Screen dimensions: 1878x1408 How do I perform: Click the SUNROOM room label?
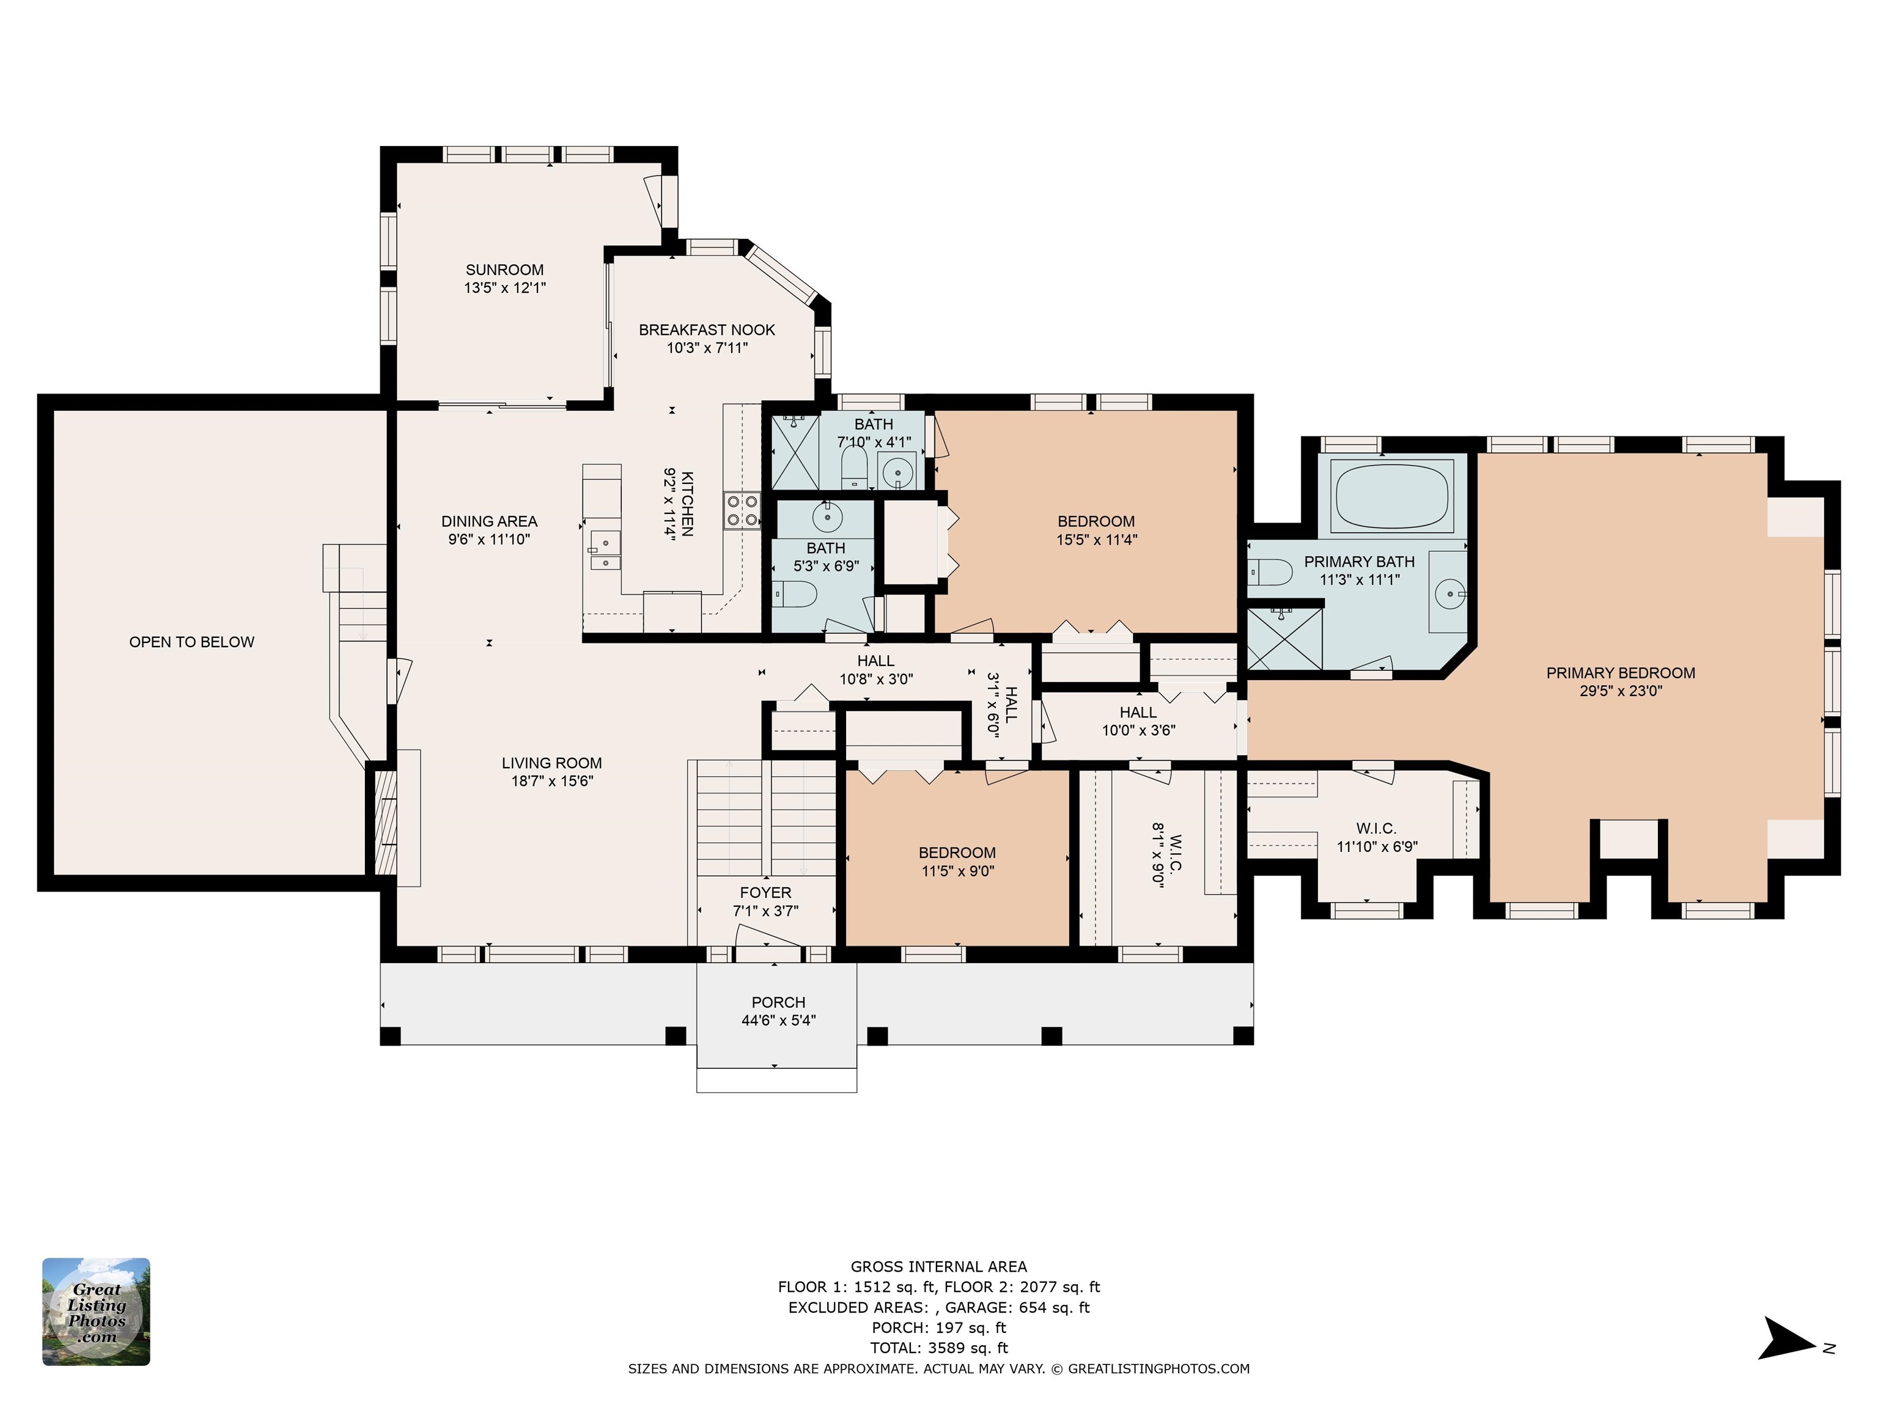point(504,270)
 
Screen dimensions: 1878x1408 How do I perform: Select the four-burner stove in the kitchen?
point(741,510)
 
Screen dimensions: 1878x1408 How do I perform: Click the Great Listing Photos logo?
point(96,1311)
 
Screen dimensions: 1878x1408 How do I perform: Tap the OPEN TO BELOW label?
point(192,642)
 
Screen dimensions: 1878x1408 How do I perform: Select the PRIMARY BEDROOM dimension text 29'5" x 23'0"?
point(1620,691)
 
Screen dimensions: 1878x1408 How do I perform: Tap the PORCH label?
point(778,1002)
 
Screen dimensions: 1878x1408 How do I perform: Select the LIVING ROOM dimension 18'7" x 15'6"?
point(552,781)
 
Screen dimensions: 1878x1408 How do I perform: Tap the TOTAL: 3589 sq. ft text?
point(939,1347)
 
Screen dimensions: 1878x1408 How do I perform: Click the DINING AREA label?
point(489,521)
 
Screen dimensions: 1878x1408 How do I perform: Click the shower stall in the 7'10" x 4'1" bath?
point(795,452)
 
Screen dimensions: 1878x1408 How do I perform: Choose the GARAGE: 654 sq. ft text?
point(1017,1308)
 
